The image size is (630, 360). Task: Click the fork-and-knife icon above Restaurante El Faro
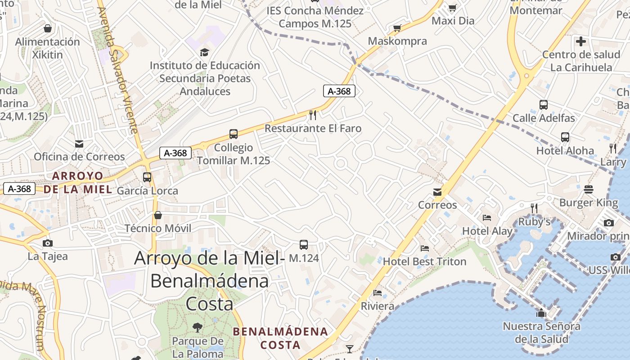(x=313, y=115)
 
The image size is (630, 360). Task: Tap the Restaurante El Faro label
(x=313, y=129)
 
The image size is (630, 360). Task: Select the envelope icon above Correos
(x=437, y=192)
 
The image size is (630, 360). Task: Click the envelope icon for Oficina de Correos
(x=79, y=144)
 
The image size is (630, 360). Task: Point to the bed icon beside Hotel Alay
(x=487, y=218)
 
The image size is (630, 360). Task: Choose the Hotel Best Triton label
(x=424, y=261)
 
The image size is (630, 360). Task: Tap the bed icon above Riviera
(x=378, y=293)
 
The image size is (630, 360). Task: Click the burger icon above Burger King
(x=589, y=189)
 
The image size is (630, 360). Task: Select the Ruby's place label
(x=535, y=222)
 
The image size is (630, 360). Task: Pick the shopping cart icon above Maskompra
(x=397, y=28)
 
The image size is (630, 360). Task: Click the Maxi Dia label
(x=453, y=21)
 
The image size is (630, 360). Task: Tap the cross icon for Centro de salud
(x=581, y=41)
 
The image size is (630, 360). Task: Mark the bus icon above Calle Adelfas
(x=544, y=105)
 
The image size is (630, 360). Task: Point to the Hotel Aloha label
(x=565, y=151)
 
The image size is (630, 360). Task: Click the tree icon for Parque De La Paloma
(x=197, y=328)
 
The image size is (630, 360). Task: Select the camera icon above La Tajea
(x=47, y=243)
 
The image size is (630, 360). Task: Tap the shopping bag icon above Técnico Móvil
(x=157, y=215)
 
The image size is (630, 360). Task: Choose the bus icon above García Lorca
(x=147, y=177)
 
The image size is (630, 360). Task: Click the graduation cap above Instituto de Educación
(x=205, y=52)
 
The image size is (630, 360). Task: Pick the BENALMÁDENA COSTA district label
(x=280, y=338)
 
